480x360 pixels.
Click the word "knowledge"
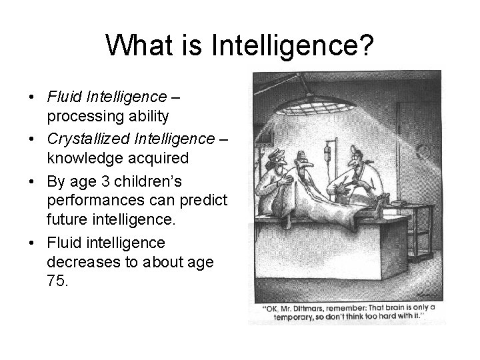click(x=78, y=159)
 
